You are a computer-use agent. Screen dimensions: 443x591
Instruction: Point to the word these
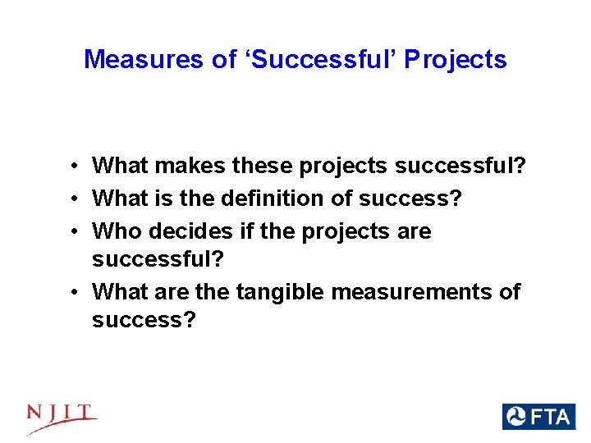[263, 167]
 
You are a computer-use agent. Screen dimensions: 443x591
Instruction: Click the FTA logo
[538, 417]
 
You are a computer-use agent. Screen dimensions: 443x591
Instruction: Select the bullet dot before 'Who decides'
[74, 232]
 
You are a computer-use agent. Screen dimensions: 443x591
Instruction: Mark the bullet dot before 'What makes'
[74, 167]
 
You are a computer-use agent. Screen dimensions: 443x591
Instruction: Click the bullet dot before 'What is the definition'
[74, 199]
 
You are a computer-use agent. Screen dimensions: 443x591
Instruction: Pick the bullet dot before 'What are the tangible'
[74, 292]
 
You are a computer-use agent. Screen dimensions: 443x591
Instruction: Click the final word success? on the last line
[144, 320]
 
